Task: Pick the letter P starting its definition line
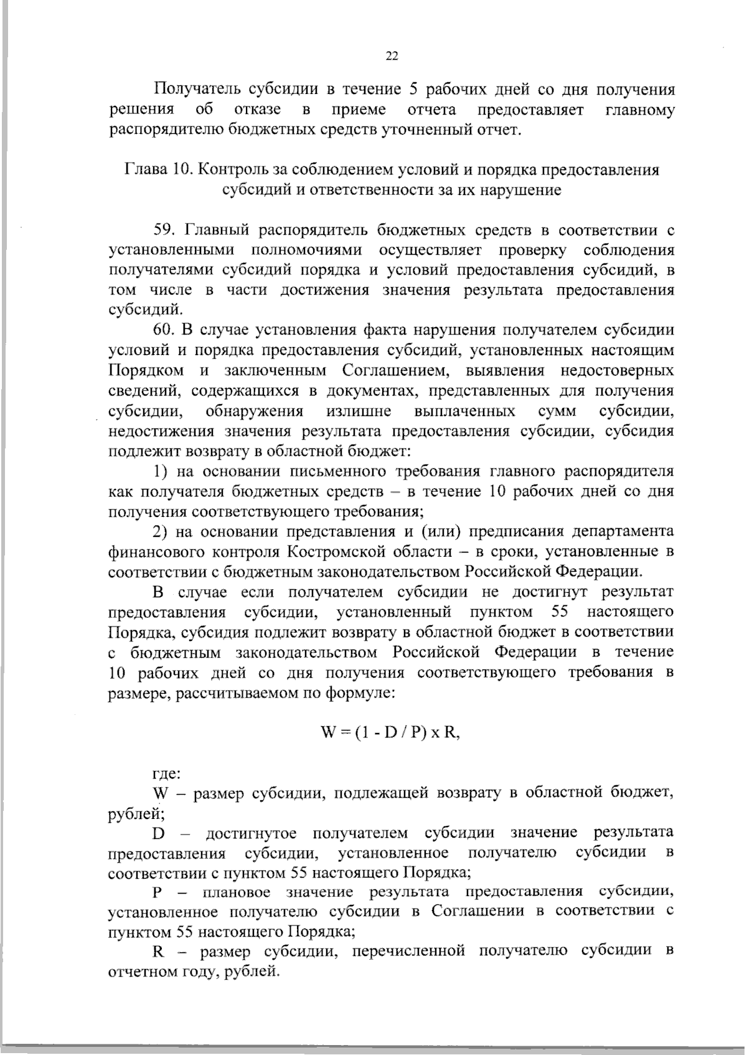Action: click(157, 892)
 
